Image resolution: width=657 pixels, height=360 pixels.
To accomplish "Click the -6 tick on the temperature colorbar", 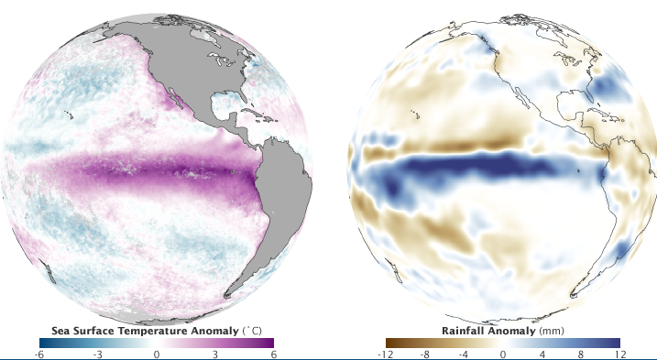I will click(x=39, y=354).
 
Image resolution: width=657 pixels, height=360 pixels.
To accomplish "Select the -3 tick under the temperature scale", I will click(x=98, y=354).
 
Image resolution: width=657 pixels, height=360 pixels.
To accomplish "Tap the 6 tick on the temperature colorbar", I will click(x=273, y=354).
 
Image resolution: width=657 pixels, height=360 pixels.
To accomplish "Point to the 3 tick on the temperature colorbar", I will click(x=214, y=354).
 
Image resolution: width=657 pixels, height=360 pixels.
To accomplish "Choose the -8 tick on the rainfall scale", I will click(x=426, y=354).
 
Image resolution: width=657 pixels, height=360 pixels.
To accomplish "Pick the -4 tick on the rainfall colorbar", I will click(x=465, y=354).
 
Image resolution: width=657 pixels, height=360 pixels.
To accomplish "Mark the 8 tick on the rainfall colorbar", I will click(x=580, y=354).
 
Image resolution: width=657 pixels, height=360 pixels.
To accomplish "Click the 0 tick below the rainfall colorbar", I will click(x=503, y=354).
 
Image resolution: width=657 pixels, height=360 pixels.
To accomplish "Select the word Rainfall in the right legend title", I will click(x=465, y=329).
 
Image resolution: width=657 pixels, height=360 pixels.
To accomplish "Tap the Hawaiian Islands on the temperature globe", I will click(x=70, y=115).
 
